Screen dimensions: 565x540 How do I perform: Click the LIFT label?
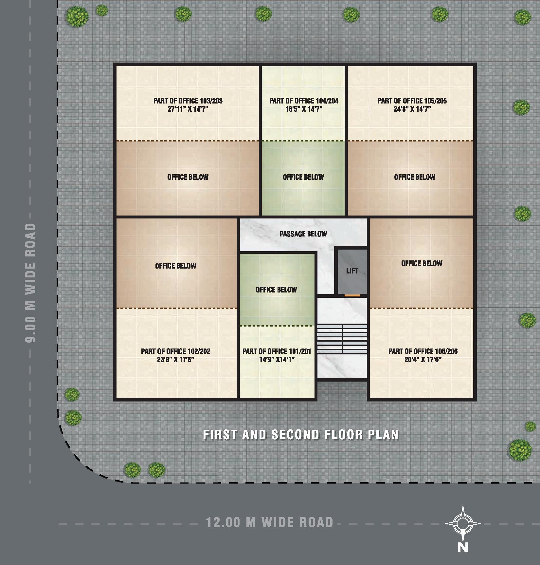(x=352, y=271)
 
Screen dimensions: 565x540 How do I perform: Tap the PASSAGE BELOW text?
(x=303, y=234)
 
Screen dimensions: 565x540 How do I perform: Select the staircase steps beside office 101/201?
(x=342, y=338)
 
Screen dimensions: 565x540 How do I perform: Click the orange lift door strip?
(x=352, y=295)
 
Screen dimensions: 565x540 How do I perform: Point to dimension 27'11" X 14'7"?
(x=188, y=109)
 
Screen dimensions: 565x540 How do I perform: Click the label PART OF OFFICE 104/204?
(x=304, y=101)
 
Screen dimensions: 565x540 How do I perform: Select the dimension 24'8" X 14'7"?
(x=412, y=109)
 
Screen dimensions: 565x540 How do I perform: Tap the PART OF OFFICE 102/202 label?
(x=175, y=351)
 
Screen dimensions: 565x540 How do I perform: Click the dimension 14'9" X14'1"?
(x=277, y=360)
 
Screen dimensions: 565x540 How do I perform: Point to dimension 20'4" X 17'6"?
(x=423, y=360)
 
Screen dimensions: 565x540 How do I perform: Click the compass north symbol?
(x=463, y=524)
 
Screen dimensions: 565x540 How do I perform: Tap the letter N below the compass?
(x=463, y=547)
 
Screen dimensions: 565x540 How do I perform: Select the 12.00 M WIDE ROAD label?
(x=269, y=522)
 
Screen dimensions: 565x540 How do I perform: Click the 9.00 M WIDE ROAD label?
(x=30, y=283)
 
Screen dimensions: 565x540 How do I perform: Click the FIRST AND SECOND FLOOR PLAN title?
(x=301, y=435)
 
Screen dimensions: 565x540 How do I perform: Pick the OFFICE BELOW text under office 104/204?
(x=303, y=177)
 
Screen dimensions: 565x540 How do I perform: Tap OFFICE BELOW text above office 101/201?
(x=276, y=290)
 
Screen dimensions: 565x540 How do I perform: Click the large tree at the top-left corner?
(x=77, y=16)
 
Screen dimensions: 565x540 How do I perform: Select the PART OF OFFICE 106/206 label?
(x=423, y=351)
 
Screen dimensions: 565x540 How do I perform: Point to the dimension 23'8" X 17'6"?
(x=175, y=360)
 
